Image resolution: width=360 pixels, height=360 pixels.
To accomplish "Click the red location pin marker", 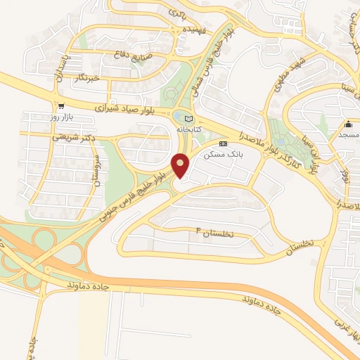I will coord(181,166).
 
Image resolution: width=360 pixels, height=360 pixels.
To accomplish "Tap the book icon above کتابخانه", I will coord(188,118).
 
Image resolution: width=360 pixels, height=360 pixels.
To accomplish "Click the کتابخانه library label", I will coord(188,129).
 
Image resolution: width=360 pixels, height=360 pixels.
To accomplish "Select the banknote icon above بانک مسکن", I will coord(224,143).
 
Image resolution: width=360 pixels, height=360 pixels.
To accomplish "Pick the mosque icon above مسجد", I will coord(349,122).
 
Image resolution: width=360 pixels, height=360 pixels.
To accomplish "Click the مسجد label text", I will coord(349,134).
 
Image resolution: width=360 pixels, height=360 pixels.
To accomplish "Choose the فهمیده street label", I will coord(192,31).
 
